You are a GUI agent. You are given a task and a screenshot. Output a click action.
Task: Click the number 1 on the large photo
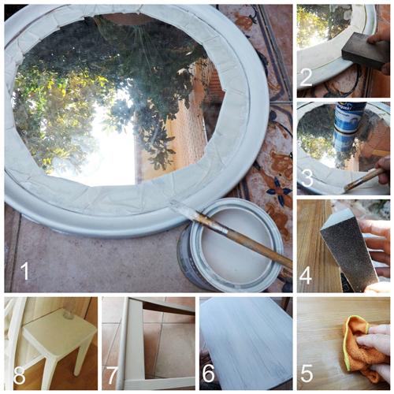pos(24,271)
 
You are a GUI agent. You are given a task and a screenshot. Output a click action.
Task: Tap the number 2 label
pos(307,76)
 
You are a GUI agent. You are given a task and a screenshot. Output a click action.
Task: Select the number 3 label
pos(307,178)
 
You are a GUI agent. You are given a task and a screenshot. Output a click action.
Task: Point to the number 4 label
pos(307,277)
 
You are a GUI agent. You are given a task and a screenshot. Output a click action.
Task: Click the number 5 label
pos(307,374)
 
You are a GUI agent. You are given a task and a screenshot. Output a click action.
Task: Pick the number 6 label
pos(209,374)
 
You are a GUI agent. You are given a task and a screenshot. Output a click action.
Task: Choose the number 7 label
pos(113,374)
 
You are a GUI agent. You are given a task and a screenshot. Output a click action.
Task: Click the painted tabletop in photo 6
pos(244,339)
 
